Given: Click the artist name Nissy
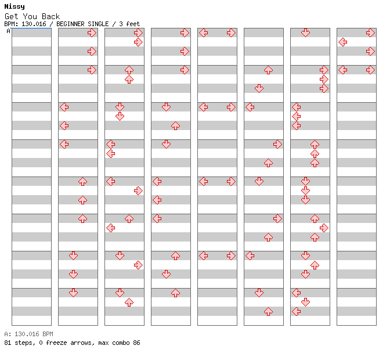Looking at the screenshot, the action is tap(15, 6).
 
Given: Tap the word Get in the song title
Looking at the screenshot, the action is tap(11, 16).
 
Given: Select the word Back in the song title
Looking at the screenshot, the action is tap(50, 16).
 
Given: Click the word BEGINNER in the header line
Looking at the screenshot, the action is tap(70, 24).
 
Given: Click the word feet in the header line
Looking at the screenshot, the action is tap(133, 24).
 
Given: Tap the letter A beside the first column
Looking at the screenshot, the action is tap(9, 31).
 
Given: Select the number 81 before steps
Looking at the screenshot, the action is tap(8, 343).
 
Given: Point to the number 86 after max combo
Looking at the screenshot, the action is tap(136, 343).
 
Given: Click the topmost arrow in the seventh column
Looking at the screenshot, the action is tap(305, 33).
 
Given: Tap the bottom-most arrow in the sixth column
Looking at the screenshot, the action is tap(268, 311).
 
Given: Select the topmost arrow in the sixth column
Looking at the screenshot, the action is tap(268, 70).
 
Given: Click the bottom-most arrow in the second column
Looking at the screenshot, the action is tap(73, 293).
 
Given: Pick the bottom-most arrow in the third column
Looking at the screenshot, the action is tap(129, 303).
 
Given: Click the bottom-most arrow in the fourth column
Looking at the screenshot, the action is tap(176, 293).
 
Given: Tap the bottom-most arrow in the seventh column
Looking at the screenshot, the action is tap(296, 311).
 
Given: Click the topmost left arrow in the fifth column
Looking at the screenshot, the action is tap(204, 33).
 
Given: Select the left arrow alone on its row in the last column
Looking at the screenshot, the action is tap(343, 42).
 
